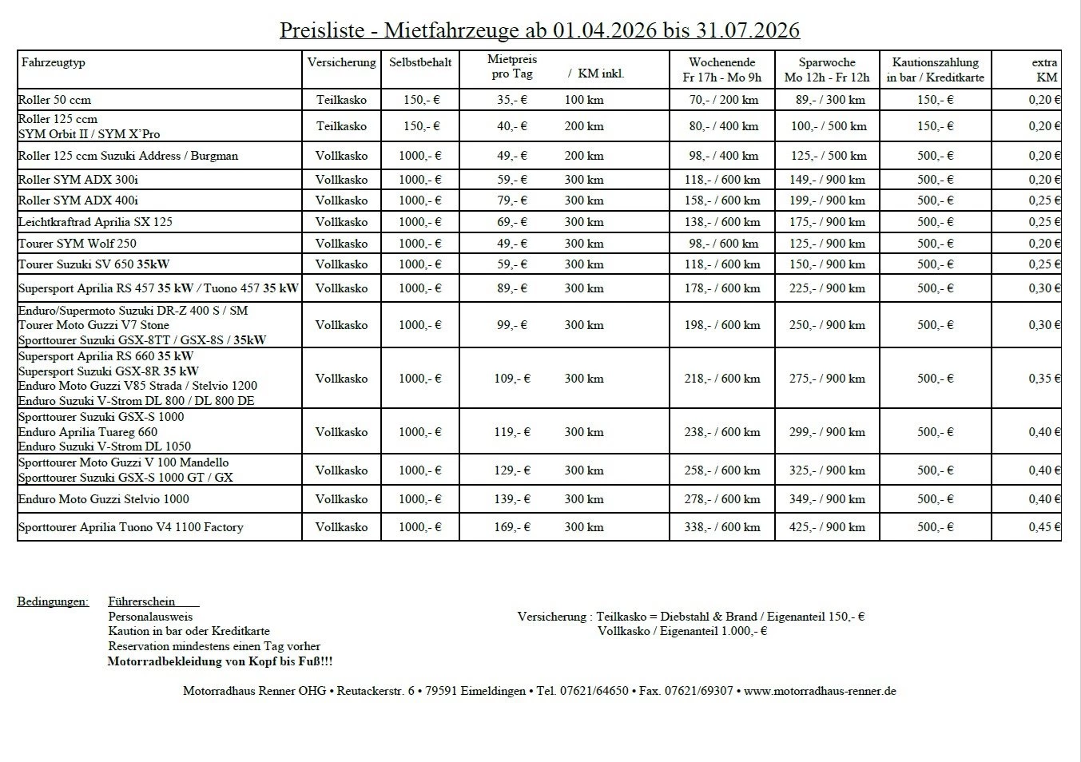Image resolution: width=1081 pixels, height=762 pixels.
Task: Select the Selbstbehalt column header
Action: (x=420, y=62)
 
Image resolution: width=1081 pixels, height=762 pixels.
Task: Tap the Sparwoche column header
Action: (x=827, y=69)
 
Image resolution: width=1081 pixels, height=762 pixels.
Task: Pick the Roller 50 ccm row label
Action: (x=54, y=100)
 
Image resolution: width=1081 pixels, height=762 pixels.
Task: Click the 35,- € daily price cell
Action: (x=512, y=100)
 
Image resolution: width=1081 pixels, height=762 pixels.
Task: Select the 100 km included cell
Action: (x=584, y=100)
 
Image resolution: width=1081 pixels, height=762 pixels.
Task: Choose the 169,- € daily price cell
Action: (x=512, y=527)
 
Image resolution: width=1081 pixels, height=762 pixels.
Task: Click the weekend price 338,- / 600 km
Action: (x=722, y=527)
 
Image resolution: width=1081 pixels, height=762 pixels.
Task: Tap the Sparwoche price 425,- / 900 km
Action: (x=827, y=527)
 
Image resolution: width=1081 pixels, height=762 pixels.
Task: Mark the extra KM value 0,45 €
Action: (x=1044, y=527)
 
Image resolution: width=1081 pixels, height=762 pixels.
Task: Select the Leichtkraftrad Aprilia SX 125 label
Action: (x=95, y=222)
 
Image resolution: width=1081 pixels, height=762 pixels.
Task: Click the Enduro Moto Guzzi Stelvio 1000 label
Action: (x=104, y=499)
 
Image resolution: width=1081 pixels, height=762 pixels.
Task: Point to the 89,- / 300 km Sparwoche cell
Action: (x=827, y=100)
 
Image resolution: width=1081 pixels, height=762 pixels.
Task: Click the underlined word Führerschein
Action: (x=141, y=601)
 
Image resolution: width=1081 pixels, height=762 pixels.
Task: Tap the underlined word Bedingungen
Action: (x=53, y=601)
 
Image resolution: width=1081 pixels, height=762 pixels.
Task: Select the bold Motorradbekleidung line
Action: (x=220, y=661)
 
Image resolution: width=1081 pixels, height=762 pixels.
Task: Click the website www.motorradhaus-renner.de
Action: (x=820, y=691)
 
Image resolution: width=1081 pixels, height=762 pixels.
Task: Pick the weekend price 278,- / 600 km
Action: (x=722, y=499)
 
